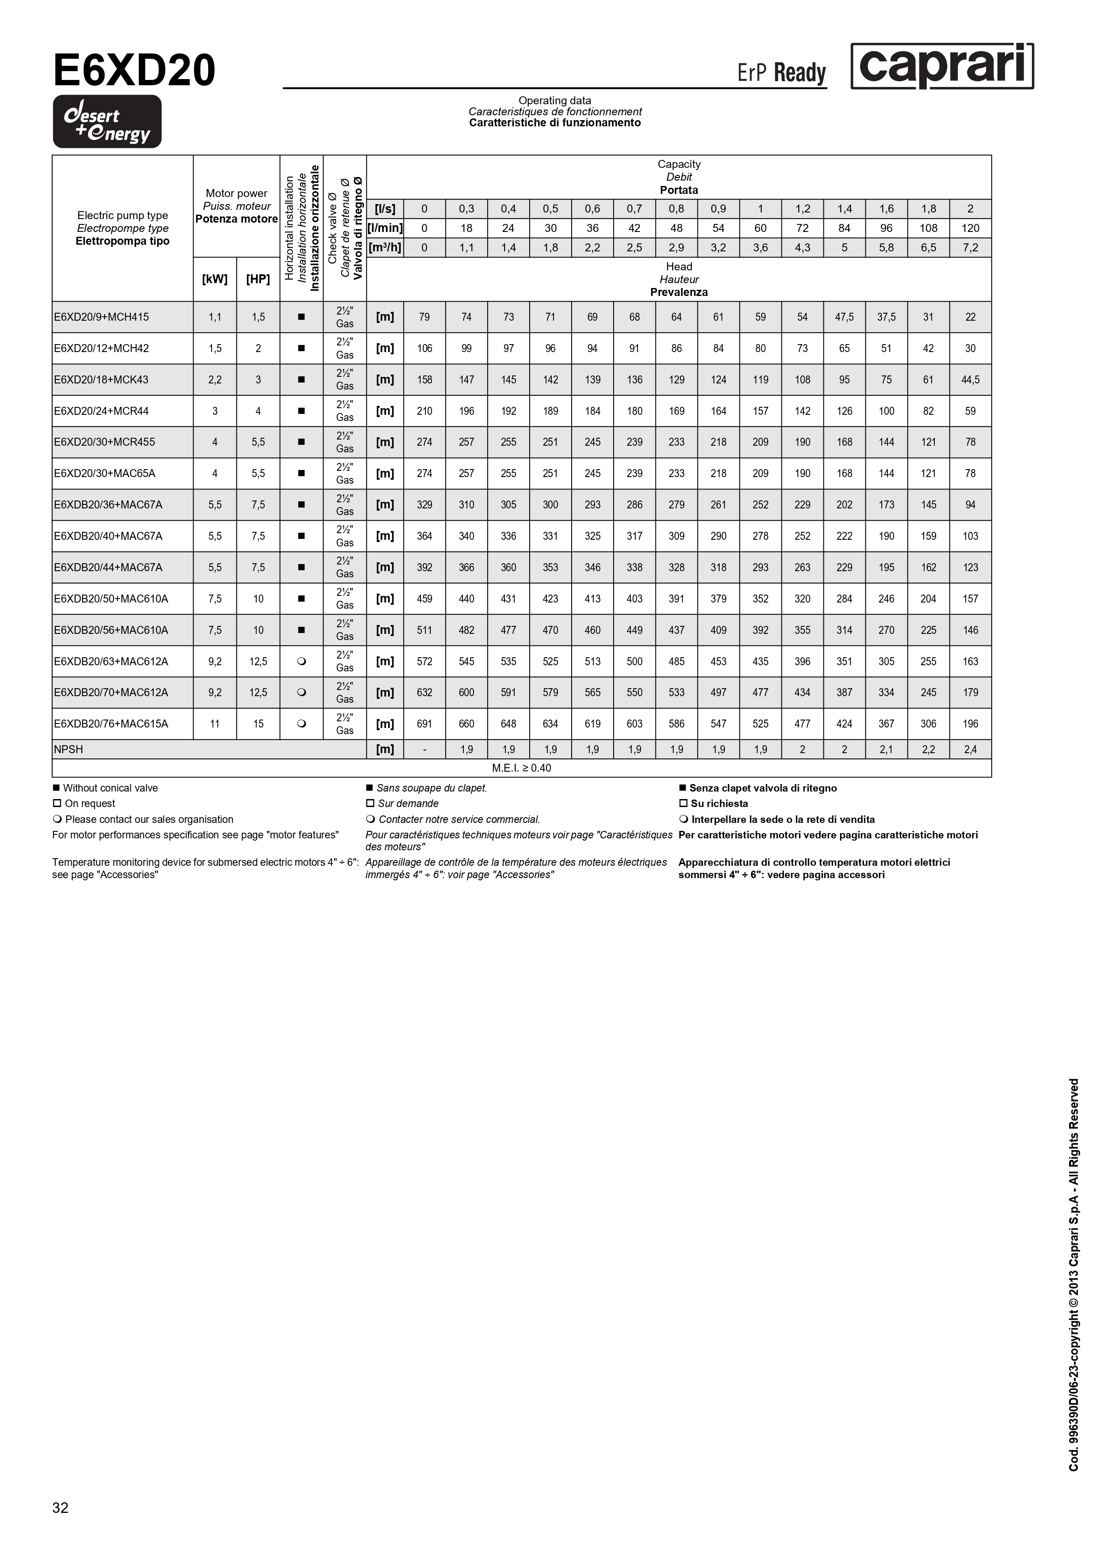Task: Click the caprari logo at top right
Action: tap(941, 66)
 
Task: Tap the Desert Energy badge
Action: tap(107, 121)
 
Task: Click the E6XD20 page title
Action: tap(134, 71)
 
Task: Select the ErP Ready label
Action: tap(781, 73)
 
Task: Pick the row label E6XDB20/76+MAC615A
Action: tap(111, 724)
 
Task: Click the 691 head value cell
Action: tap(424, 724)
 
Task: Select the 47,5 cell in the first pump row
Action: tap(844, 317)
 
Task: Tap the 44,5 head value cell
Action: tap(971, 379)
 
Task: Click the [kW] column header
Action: tap(215, 279)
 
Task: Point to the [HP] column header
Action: tap(258, 279)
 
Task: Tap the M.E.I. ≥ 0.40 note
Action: tap(521, 768)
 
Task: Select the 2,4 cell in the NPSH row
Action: tap(971, 749)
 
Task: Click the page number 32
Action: tap(60, 1508)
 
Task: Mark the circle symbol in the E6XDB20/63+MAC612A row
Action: tap(301, 662)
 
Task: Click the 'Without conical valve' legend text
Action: tap(110, 788)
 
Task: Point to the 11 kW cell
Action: tap(215, 724)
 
